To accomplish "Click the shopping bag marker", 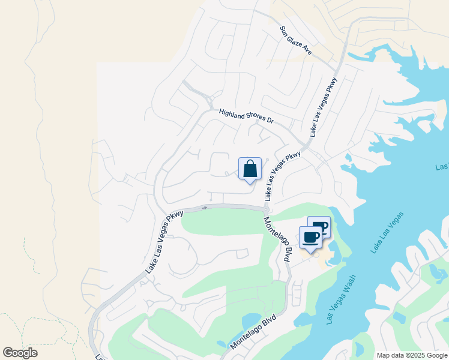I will point(250,169).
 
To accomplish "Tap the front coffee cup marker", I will point(310,238).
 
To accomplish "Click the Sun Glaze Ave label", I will point(296,41).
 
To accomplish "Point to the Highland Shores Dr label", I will point(246,116).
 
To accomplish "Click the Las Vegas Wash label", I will point(340,300).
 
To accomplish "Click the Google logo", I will point(20,353).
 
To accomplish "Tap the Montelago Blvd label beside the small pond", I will point(253,331).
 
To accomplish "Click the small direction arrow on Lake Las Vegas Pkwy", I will point(205,208).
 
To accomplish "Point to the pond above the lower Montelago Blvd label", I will point(251,319).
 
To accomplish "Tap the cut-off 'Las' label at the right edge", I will point(442,166).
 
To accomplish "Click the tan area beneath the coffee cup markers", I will point(324,257).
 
